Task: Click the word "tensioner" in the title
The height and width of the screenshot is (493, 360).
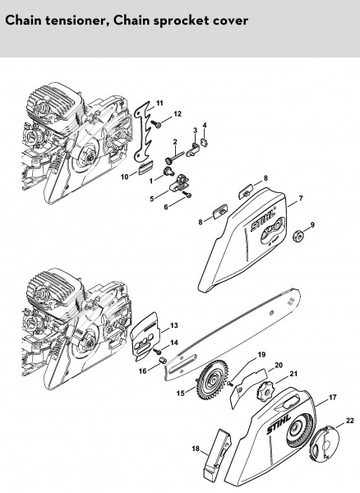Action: coord(76,21)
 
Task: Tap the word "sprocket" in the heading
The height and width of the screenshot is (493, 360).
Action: coord(172,21)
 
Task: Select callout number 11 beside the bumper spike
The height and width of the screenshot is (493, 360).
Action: coord(159,104)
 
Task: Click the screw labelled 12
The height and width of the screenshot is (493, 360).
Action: coord(156,124)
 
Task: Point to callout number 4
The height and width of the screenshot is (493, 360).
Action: coord(205,126)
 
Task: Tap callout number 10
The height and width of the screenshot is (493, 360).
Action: coord(124,177)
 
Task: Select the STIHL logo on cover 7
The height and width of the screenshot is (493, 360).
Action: coord(262,222)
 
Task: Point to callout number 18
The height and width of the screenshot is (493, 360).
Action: coord(196,449)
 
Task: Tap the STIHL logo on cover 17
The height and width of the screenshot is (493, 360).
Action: coord(279,425)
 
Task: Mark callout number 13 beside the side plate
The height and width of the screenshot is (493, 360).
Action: coord(174,325)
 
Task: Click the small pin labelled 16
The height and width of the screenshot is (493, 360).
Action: coord(163,361)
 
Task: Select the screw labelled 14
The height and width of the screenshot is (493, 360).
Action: coord(157,351)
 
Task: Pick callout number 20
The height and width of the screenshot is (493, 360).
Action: coord(279,365)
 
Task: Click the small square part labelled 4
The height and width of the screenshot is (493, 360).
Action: coord(204,143)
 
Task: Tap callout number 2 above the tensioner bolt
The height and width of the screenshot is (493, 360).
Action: coord(175,142)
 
